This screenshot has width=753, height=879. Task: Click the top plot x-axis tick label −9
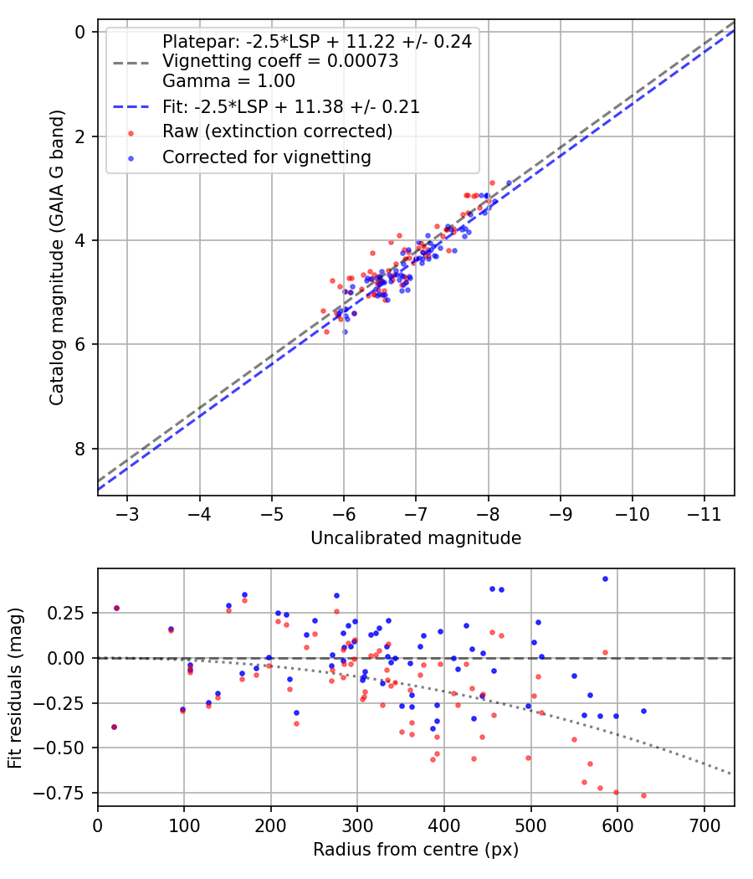[560, 514]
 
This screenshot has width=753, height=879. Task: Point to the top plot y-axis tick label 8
[80, 449]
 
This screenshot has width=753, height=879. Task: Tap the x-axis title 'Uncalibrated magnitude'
[416, 538]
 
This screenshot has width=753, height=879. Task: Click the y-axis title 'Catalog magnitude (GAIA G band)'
[57, 258]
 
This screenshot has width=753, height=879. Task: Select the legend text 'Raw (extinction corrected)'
[277, 131]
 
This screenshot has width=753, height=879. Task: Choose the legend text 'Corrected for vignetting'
[267, 157]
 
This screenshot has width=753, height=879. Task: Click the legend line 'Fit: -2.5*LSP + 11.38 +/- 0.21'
[131, 106]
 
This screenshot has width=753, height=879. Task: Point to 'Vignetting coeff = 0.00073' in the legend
[280, 60]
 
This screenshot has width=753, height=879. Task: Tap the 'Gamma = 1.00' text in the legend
[228, 80]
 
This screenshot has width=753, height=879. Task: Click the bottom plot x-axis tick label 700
[704, 825]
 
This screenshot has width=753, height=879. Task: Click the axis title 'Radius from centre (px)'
[416, 850]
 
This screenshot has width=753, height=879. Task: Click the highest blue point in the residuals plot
[605, 579]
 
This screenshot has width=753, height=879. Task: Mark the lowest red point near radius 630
[643, 795]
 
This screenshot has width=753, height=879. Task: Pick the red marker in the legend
[131, 133]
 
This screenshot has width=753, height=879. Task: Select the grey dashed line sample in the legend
[131, 64]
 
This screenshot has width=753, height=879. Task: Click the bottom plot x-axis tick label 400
[444, 825]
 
